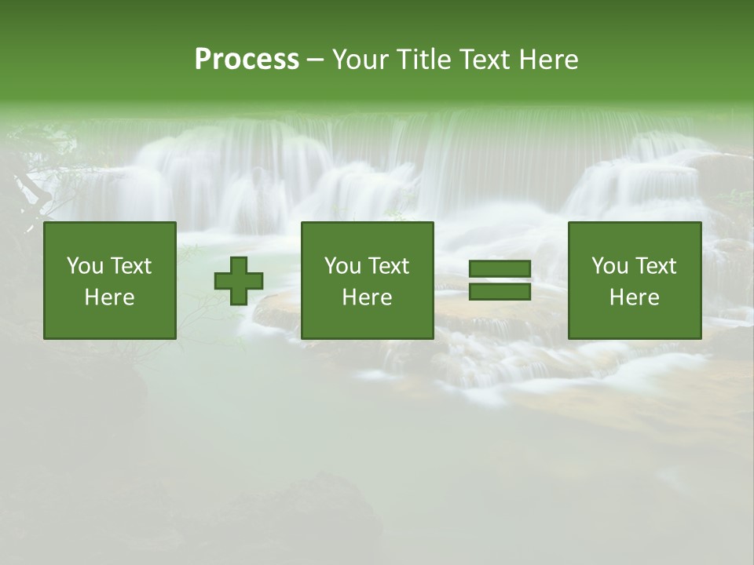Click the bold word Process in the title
click(247, 60)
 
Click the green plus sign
click(239, 281)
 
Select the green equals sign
click(500, 280)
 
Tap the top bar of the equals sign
click(500, 269)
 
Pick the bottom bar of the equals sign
click(500, 291)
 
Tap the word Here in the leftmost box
click(110, 297)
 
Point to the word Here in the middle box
click(368, 297)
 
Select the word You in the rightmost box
click(609, 266)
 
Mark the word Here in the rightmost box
click(635, 297)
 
